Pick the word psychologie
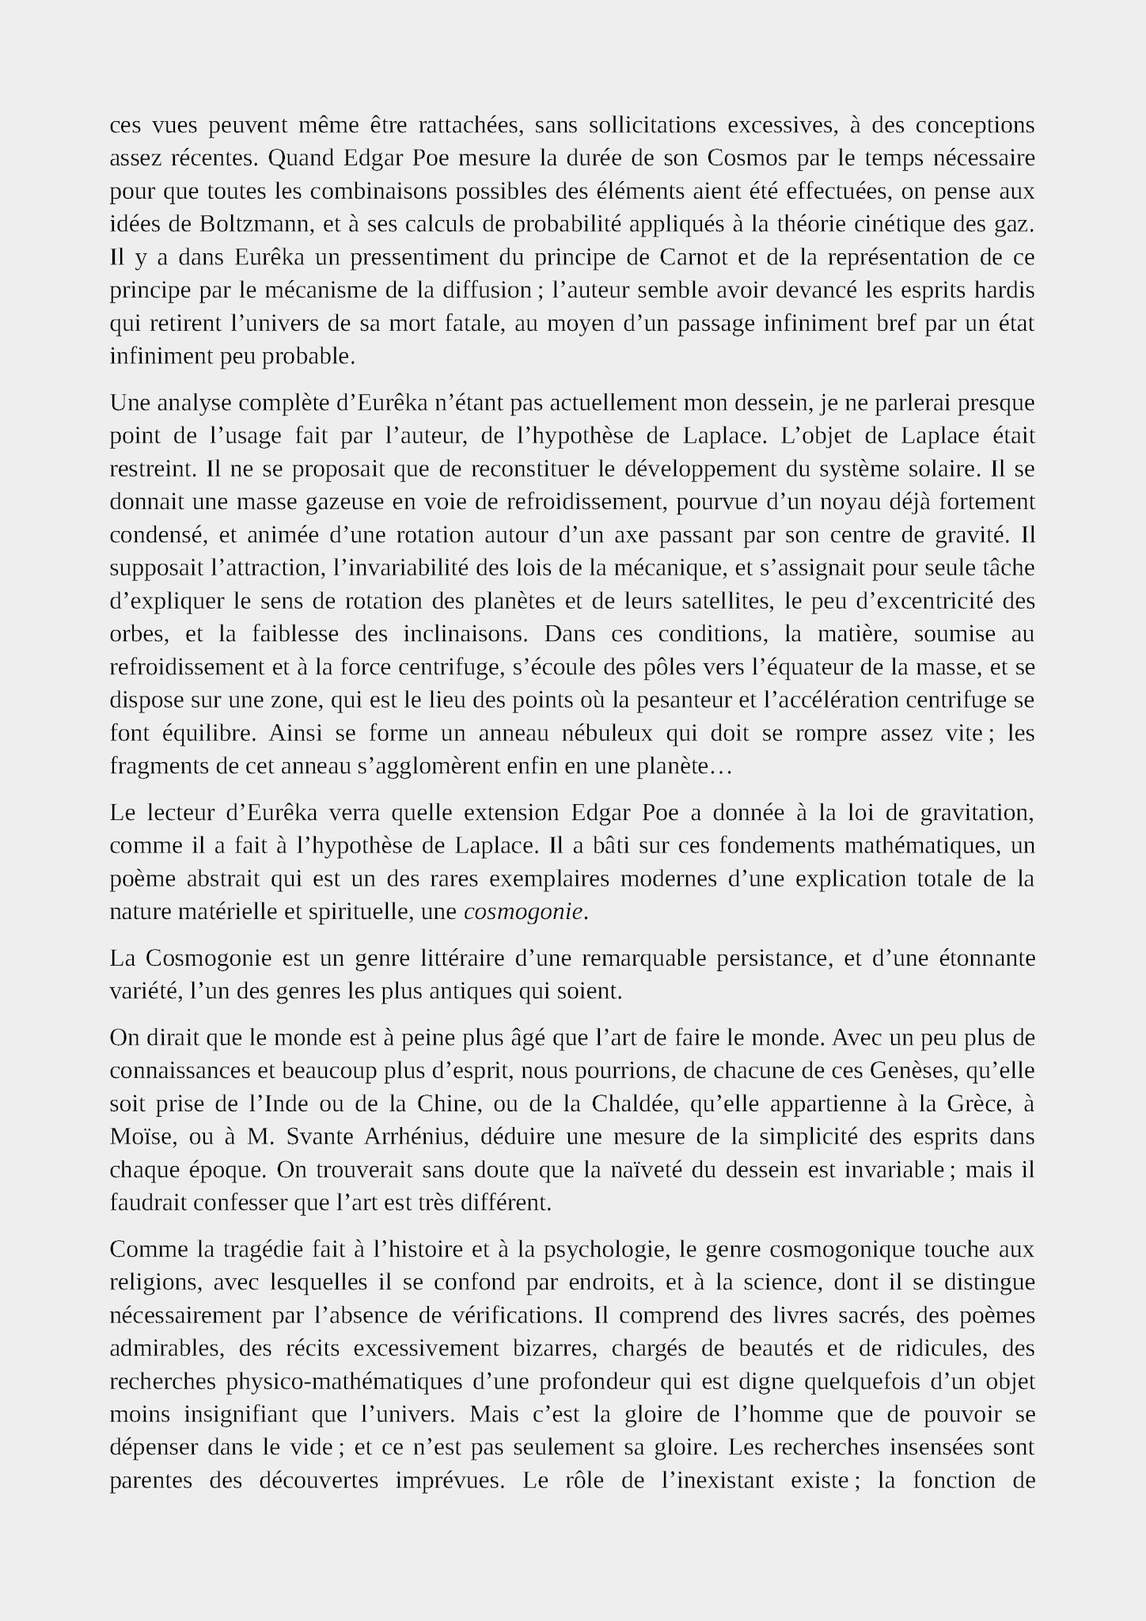597,1250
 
